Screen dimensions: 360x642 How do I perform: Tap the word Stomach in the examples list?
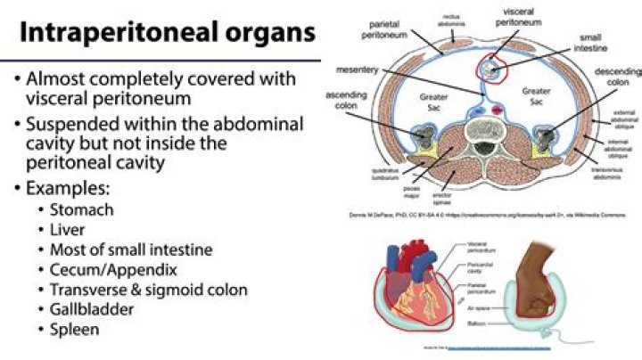pyautogui.click(x=83, y=210)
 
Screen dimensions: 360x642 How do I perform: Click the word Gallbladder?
pyautogui.click(x=95, y=309)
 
